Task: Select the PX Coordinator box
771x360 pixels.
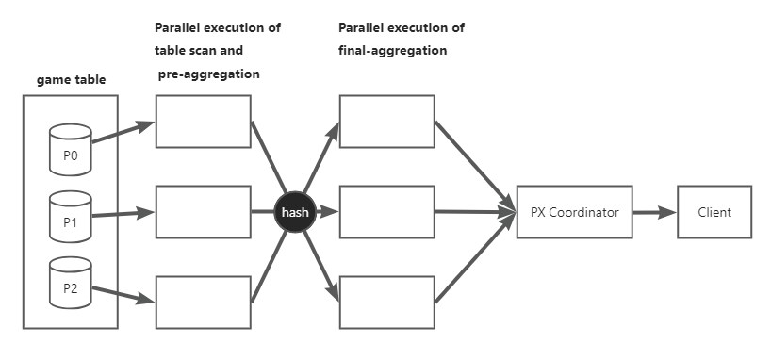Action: (574, 213)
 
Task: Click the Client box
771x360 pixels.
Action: (715, 213)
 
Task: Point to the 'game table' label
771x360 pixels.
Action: (71, 80)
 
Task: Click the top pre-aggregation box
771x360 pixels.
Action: (204, 122)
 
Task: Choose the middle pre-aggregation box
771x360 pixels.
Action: (204, 212)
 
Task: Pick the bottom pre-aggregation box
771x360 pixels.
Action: (204, 303)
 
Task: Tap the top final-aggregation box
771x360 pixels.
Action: (386, 122)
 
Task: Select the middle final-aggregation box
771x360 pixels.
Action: (386, 212)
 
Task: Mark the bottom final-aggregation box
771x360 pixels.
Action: (386, 303)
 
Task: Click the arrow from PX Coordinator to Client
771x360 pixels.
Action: (654, 213)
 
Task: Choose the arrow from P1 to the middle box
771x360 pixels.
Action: (123, 214)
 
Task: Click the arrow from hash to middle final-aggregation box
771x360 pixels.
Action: (327, 213)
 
